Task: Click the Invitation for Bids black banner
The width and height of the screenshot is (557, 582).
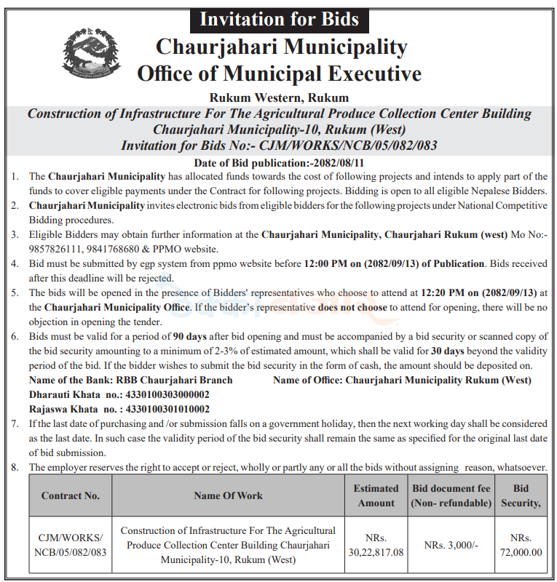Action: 279,17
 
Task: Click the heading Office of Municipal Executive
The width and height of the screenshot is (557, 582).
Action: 279,73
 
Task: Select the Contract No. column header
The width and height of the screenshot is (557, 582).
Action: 71,496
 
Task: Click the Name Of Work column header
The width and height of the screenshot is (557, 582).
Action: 228,496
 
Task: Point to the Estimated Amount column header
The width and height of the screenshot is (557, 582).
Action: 376,495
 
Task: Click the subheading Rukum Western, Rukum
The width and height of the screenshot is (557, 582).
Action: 279,97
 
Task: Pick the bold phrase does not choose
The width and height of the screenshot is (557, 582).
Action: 353,307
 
